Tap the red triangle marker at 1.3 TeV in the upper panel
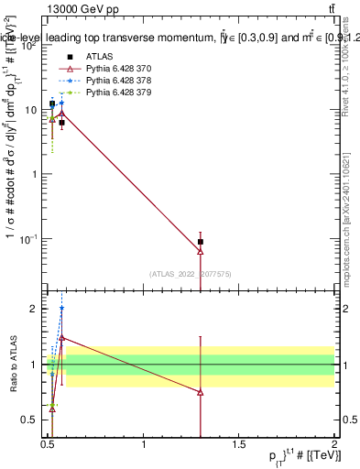click(201, 251)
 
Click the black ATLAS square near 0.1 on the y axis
click(201, 242)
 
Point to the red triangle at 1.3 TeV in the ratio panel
click(201, 392)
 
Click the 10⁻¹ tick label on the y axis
click(28, 238)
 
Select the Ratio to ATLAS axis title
click(13, 366)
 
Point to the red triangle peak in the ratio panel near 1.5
click(61, 337)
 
